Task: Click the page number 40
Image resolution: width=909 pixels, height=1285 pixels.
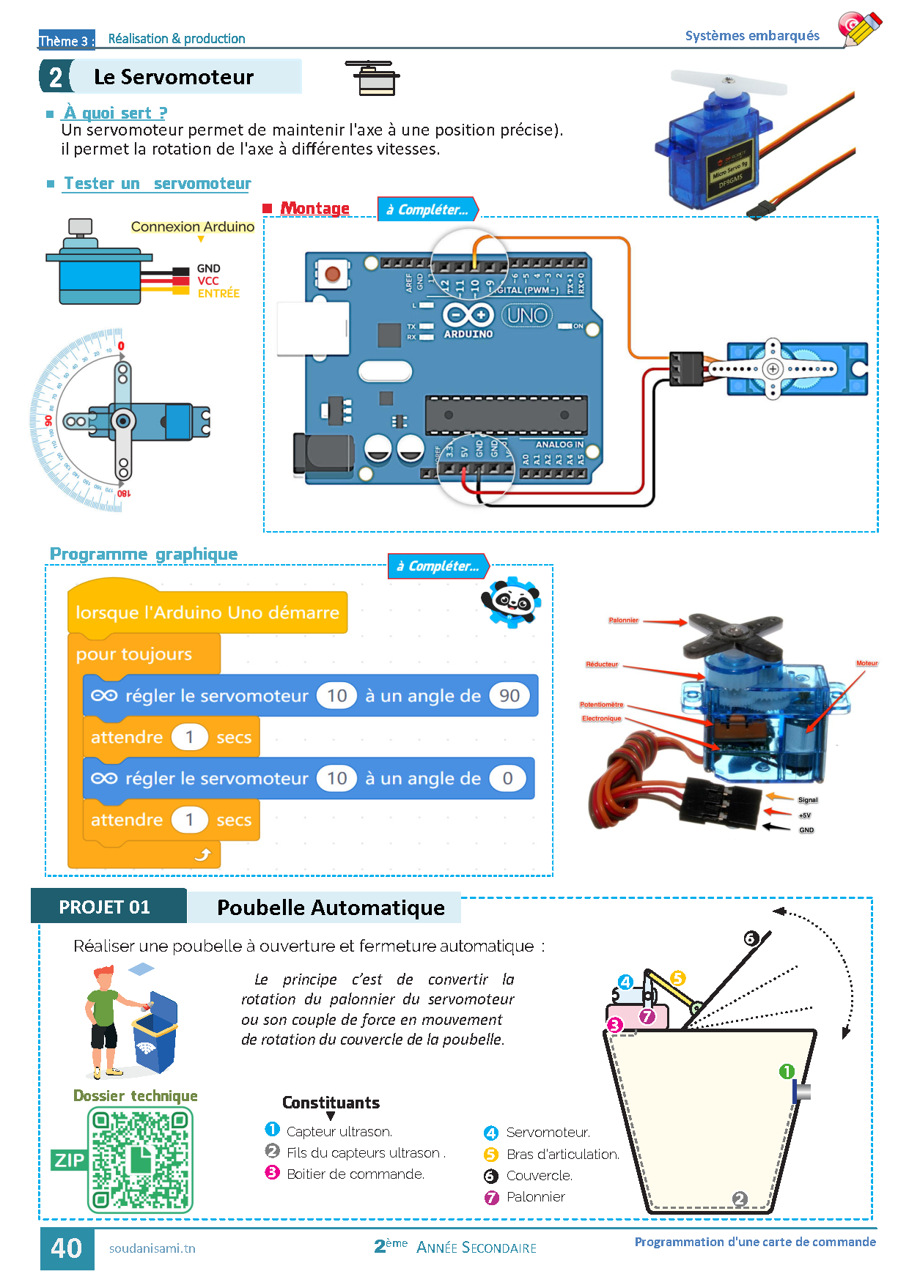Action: pos(67,1248)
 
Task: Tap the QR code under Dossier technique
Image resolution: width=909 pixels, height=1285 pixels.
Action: pos(140,1160)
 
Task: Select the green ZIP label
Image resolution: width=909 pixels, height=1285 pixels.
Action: pos(69,1160)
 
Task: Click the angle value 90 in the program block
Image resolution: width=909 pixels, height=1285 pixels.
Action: pos(509,695)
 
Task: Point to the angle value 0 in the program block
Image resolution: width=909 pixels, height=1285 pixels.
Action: pos(507,778)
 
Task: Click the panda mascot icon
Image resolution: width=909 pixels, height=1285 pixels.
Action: pos(512,601)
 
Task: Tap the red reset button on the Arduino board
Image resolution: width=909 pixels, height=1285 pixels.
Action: pos(332,274)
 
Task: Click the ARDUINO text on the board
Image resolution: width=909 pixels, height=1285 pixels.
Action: pos(468,334)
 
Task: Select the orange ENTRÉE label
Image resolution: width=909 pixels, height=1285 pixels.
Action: pos(218,293)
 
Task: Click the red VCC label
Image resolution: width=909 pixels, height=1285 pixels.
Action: pos(208,281)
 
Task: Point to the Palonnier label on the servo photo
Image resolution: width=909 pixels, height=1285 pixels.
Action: pos(623,621)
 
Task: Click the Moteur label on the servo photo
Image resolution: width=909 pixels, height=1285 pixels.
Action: pos(866,663)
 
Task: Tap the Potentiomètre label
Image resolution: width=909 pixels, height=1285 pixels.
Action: pos(601,705)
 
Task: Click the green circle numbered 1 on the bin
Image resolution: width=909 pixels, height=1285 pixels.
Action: pos(787,1072)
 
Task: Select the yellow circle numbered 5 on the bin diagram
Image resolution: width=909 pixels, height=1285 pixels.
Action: pos(677,978)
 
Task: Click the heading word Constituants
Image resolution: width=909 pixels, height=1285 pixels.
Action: pos(331,1103)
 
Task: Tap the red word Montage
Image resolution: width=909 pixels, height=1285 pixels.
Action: pos(314,208)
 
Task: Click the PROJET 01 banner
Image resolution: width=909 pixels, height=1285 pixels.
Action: pos(105,907)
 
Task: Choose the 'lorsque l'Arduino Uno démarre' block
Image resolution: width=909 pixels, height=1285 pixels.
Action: pos(207,612)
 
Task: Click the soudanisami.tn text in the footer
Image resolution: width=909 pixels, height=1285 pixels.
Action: pos(152,1248)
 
